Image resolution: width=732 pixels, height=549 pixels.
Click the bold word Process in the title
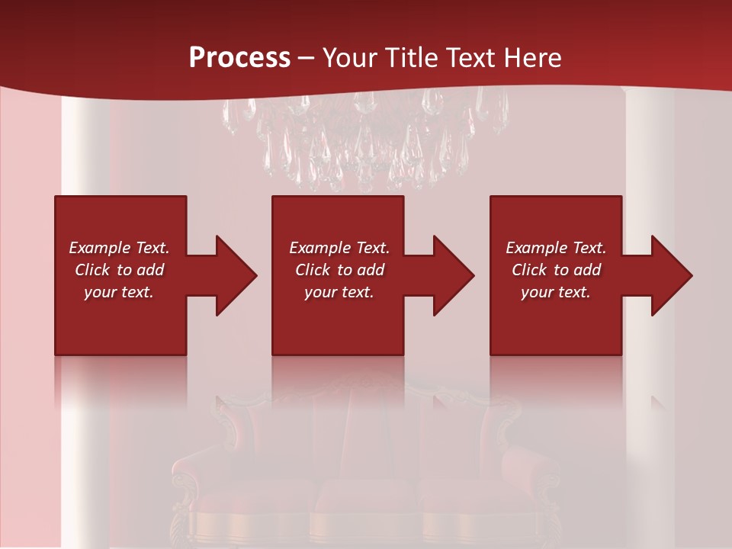(239, 58)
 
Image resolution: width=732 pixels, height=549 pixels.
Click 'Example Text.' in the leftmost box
(119, 248)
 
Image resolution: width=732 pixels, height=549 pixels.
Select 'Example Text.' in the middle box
(339, 248)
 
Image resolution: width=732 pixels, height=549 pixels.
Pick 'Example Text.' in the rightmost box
(556, 248)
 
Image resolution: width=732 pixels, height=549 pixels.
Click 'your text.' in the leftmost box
(119, 292)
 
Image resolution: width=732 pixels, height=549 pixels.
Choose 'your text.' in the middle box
(339, 292)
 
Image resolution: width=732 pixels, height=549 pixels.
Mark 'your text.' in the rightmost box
(556, 292)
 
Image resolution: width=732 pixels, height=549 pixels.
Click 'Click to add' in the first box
(119, 270)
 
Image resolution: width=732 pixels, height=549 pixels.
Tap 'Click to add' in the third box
(556, 270)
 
